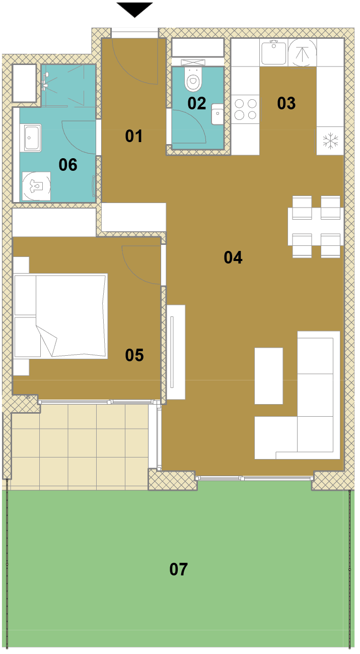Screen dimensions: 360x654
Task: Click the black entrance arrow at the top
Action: [134, 9]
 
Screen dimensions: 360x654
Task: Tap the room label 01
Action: [134, 136]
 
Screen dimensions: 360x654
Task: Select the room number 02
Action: [197, 103]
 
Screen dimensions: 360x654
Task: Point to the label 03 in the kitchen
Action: [286, 103]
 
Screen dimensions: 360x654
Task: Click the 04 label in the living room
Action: [233, 257]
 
